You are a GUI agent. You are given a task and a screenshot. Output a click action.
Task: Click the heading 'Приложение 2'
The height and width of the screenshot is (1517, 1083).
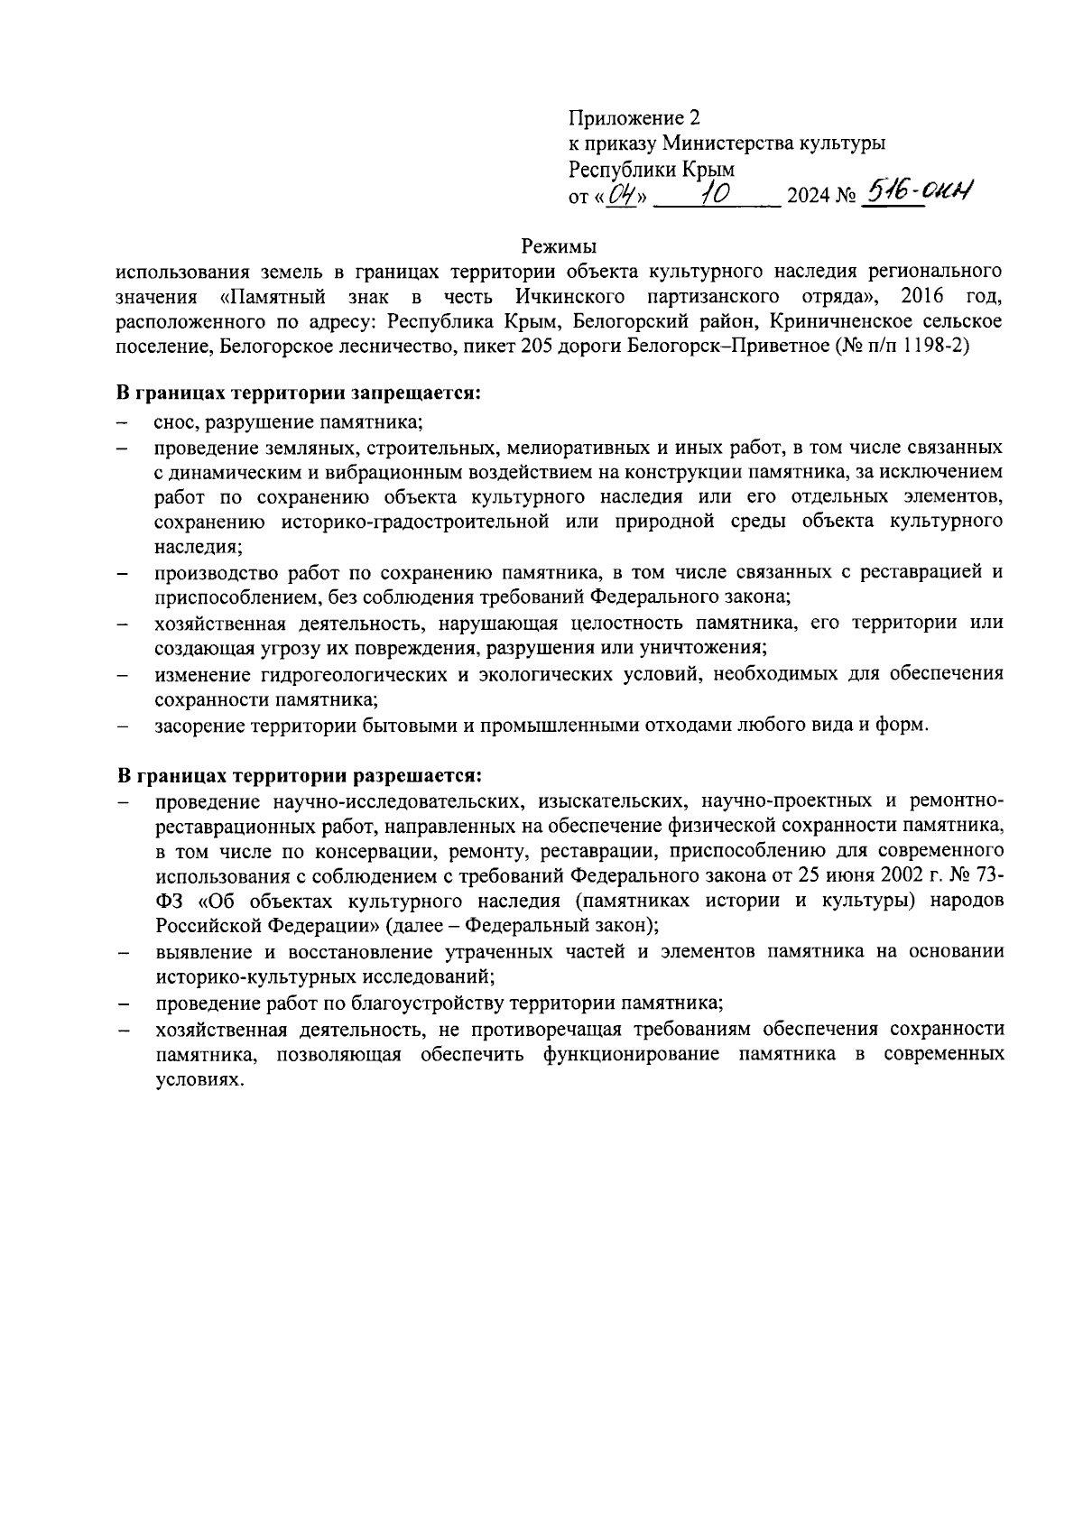634,118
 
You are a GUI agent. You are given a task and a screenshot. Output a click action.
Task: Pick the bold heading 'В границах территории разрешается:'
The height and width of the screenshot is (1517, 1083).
298,775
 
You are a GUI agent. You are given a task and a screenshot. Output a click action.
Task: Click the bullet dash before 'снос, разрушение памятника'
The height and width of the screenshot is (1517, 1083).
122,422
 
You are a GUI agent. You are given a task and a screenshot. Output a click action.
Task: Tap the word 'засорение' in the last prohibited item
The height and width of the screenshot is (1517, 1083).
196,725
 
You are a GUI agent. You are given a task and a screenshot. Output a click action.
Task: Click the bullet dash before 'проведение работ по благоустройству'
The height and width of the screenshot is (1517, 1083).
122,1004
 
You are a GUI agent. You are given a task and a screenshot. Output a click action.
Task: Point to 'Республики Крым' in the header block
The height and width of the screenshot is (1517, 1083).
651,169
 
